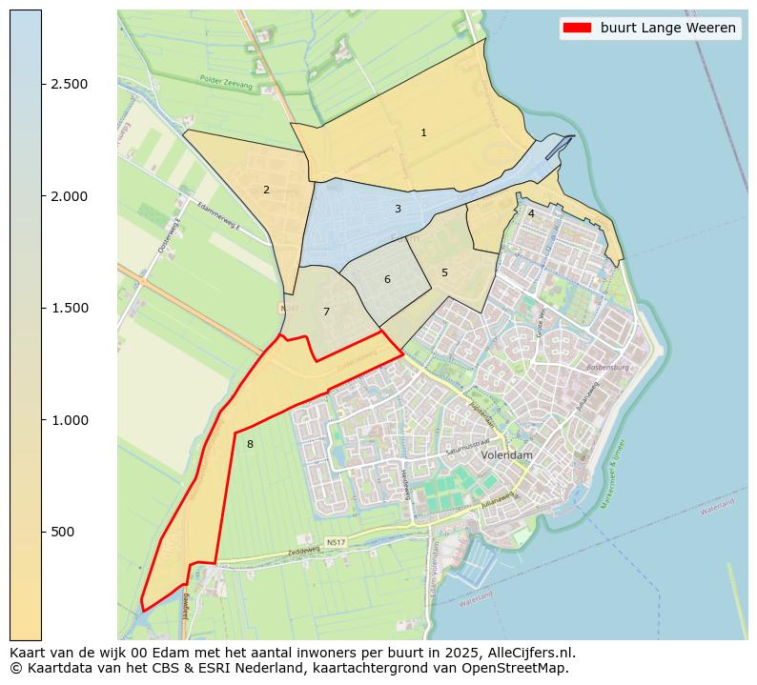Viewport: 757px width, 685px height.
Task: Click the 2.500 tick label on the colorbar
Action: click(70, 84)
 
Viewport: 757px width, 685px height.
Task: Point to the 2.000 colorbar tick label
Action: click(70, 196)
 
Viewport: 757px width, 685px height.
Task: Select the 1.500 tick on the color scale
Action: click(70, 308)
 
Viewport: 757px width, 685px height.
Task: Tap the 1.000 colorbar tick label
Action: click(70, 420)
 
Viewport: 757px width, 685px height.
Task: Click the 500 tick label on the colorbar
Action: click(63, 532)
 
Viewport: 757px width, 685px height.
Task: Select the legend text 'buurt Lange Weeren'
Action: click(667, 28)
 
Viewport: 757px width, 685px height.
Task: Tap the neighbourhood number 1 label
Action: click(423, 133)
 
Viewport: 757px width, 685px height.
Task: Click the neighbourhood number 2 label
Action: click(266, 191)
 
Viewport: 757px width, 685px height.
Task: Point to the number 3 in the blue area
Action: click(398, 210)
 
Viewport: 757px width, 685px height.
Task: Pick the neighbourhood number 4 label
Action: click(531, 214)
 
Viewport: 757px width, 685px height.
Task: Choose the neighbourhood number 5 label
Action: click(444, 273)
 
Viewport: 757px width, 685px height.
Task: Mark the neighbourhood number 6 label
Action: click(387, 280)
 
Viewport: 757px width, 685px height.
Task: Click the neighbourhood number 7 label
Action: click(326, 312)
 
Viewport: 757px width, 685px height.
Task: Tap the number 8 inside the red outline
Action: click(250, 445)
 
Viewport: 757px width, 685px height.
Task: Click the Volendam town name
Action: click(506, 456)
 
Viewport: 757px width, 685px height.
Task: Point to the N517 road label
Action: click(336, 543)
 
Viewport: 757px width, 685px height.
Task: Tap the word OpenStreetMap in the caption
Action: click(519, 668)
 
